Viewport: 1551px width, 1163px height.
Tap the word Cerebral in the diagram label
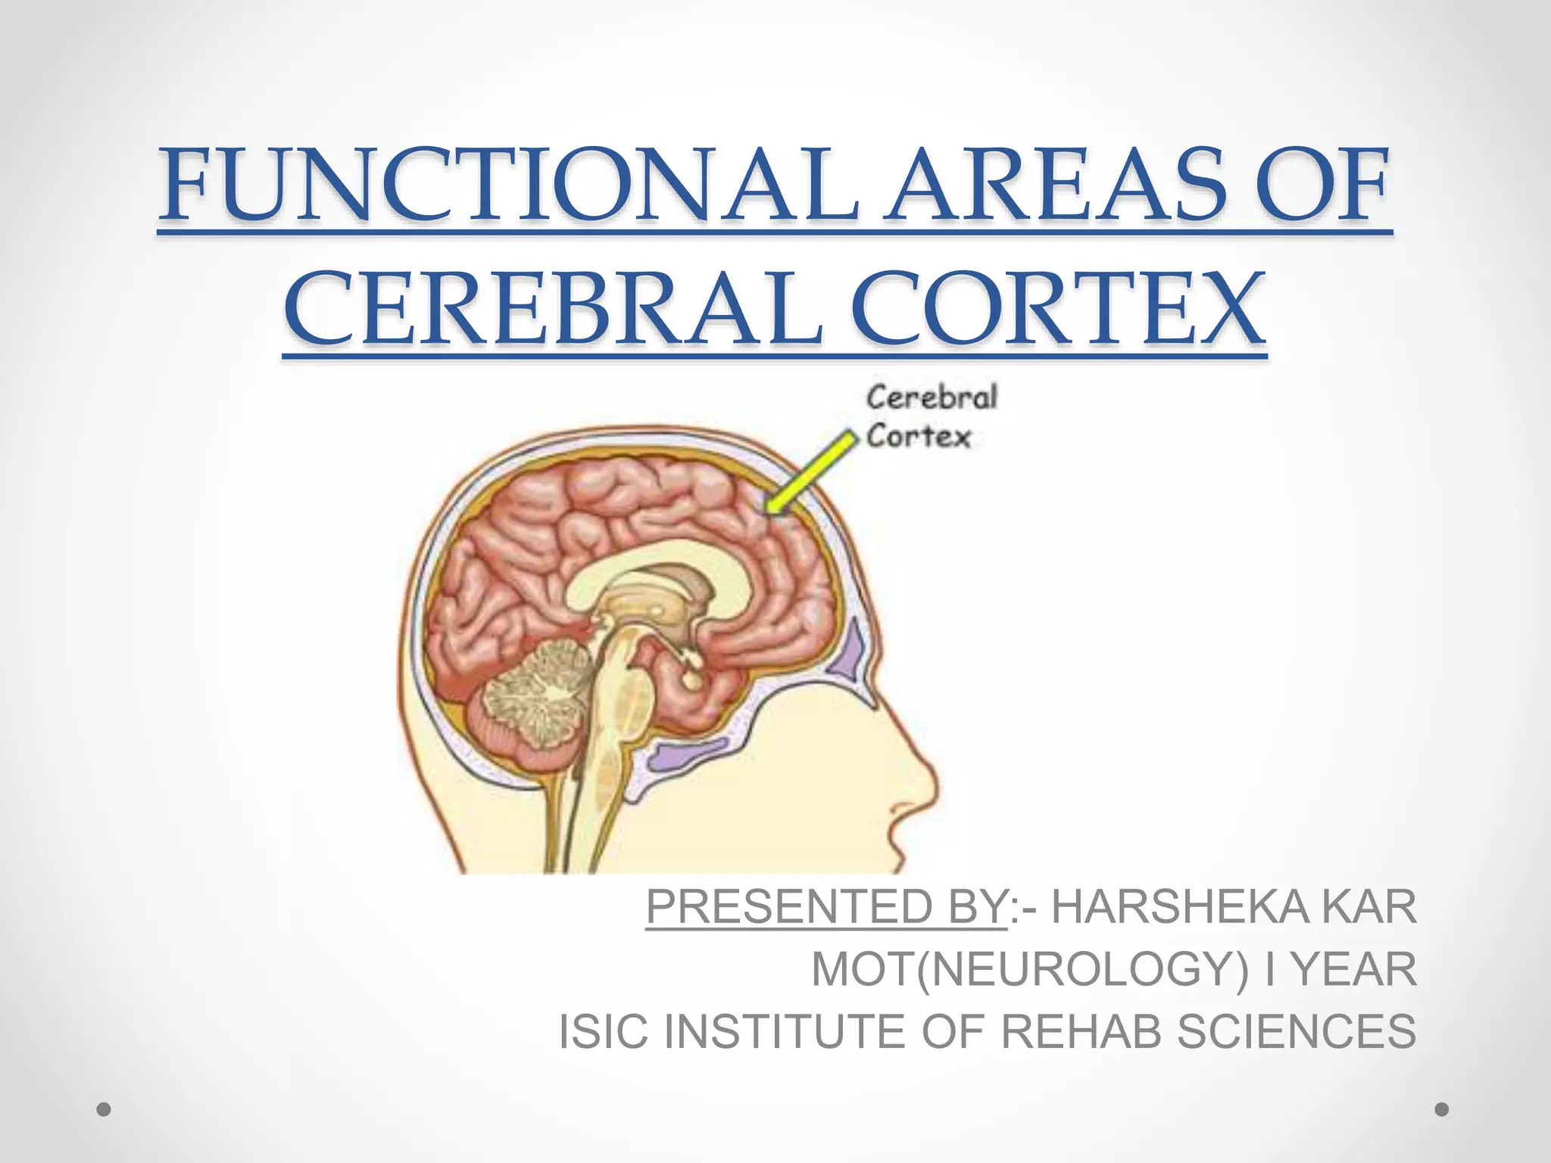(932, 398)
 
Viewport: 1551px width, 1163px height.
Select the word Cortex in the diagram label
(918, 437)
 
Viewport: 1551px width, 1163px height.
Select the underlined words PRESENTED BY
(826, 906)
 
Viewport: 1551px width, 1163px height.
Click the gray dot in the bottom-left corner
(105, 1109)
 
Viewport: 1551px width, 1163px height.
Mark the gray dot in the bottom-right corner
(1442, 1109)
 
